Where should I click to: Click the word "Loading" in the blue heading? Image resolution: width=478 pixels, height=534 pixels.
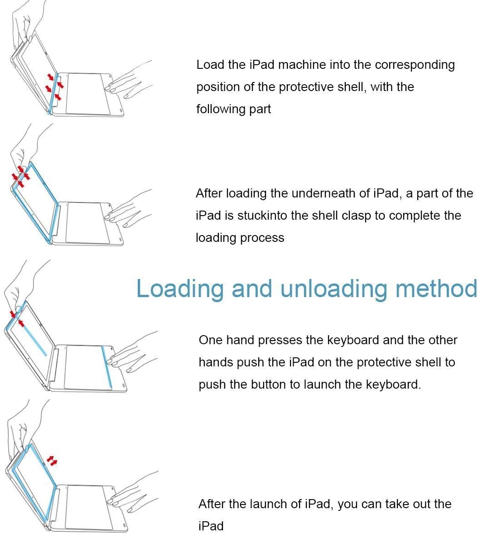pyautogui.click(x=180, y=289)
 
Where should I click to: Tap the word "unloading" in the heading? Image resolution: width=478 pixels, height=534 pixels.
pyautogui.click(x=334, y=289)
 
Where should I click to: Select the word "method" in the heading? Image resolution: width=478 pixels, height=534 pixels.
pyautogui.click(x=436, y=288)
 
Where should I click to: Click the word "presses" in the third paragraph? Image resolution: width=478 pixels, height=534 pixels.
pyautogui.click(x=280, y=341)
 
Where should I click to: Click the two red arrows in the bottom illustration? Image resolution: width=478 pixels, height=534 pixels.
pyautogui.click(x=52, y=461)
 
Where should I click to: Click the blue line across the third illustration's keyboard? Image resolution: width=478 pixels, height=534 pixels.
pyautogui.click(x=106, y=368)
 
